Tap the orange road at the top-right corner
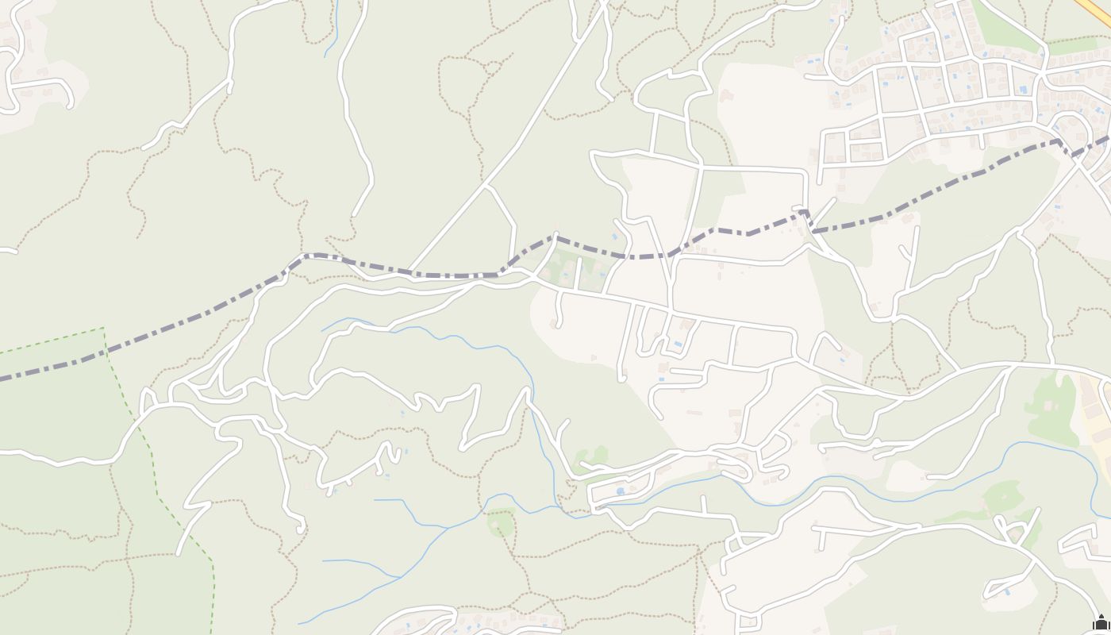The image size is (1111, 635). click(x=1094, y=10)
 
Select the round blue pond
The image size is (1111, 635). click(x=620, y=491)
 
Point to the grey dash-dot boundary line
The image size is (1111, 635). click(x=198, y=316)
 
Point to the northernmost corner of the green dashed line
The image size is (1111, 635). click(x=103, y=328)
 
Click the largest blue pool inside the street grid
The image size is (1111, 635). click(x=1023, y=89)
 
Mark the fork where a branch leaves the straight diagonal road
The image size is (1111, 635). click(x=487, y=187)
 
